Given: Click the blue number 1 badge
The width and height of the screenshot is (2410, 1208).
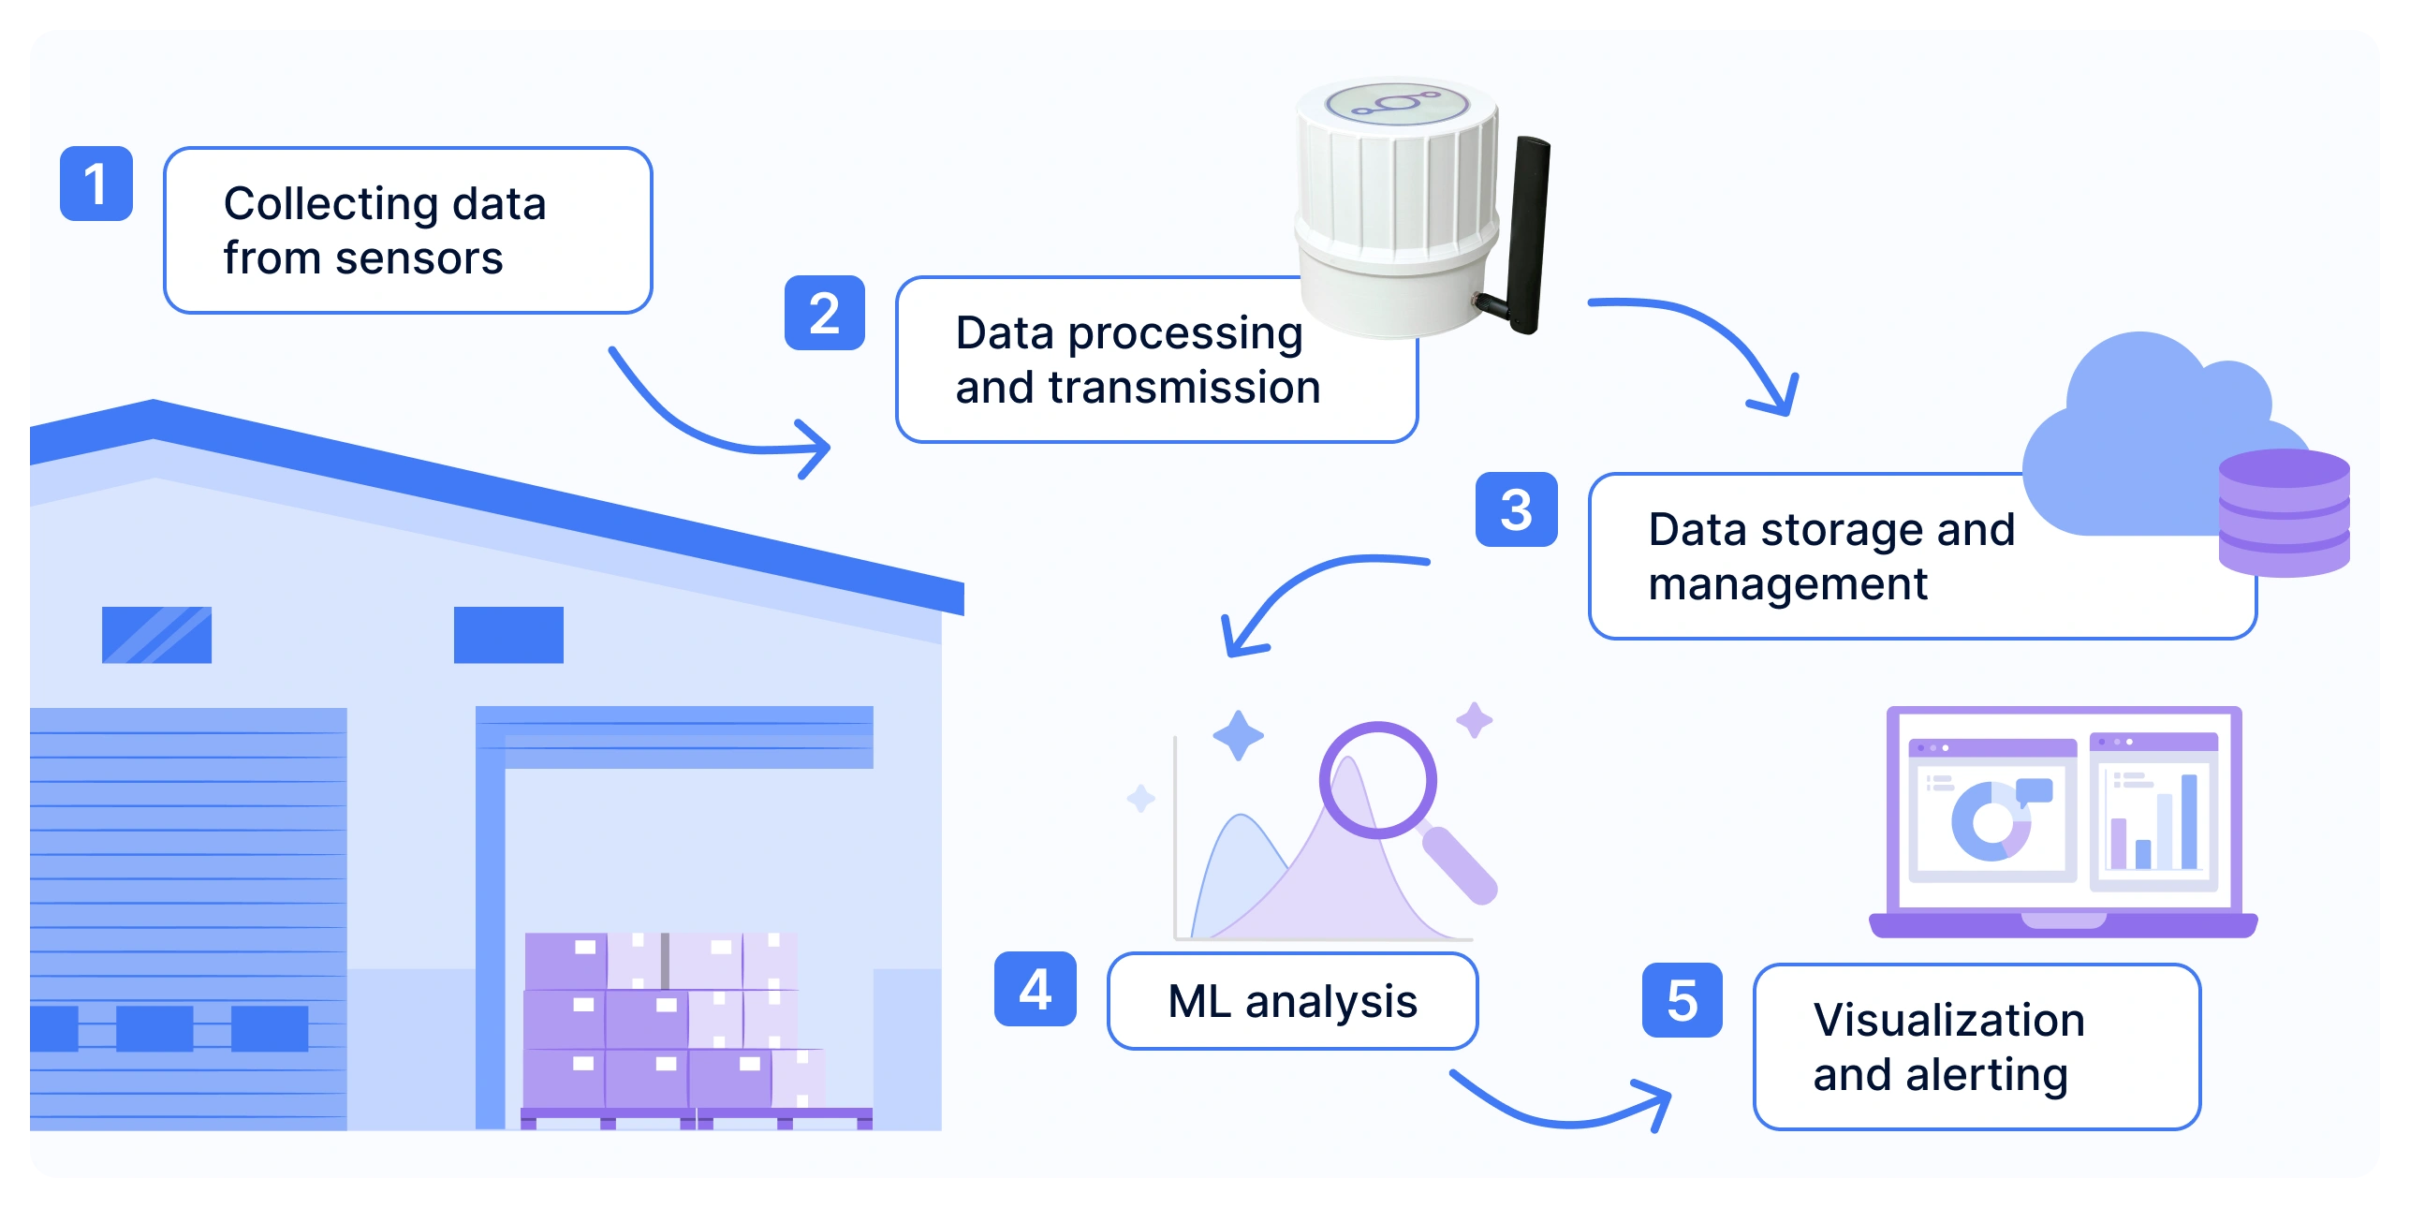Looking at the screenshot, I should (x=96, y=184).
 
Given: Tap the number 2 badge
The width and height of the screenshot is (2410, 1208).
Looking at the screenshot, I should (x=824, y=313).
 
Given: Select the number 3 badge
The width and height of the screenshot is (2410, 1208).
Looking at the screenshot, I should (x=1516, y=509).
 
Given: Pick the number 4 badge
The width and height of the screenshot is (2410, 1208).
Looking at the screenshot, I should (x=1035, y=989).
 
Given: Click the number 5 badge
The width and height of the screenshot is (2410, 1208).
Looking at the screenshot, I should (x=1682, y=1000).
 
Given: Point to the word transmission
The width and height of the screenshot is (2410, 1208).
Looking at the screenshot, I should (x=1184, y=388).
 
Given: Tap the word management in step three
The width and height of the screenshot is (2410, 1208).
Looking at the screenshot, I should (x=1787, y=584).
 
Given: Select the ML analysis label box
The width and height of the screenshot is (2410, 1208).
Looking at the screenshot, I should (x=1292, y=1001).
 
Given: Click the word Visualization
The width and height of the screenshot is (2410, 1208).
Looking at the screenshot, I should (x=1948, y=1020).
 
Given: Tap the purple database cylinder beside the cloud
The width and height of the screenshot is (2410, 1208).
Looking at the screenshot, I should (x=2284, y=512).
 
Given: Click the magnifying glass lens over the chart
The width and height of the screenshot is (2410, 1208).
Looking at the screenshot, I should (x=1377, y=779).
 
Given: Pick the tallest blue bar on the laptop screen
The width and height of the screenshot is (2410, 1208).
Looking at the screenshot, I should (x=2189, y=821).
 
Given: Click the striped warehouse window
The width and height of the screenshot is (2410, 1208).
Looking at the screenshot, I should (x=156, y=635).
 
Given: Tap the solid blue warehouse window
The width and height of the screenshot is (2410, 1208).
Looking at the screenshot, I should (x=508, y=635).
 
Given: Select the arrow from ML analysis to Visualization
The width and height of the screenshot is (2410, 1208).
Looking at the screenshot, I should (x=1564, y=1114).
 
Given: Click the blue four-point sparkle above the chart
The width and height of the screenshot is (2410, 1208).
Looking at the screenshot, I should (x=1238, y=735).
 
